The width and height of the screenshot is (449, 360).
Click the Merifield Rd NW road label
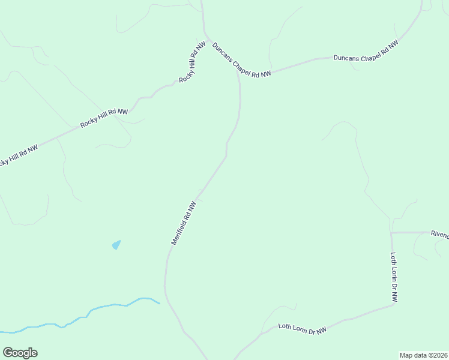(x=184, y=223)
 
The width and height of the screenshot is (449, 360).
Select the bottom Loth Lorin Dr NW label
(x=303, y=329)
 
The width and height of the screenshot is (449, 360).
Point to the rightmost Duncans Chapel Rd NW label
(x=366, y=52)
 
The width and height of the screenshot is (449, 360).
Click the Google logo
(x=20, y=353)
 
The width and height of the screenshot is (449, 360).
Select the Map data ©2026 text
(x=424, y=355)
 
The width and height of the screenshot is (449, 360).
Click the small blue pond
(x=116, y=245)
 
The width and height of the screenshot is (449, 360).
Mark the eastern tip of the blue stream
(x=159, y=304)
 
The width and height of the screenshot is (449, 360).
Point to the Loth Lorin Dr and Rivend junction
(x=391, y=233)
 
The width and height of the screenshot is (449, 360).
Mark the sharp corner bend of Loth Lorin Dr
(x=394, y=304)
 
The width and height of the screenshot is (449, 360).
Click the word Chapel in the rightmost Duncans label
(x=367, y=52)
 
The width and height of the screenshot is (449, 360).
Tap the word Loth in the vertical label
(x=394, y=260)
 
